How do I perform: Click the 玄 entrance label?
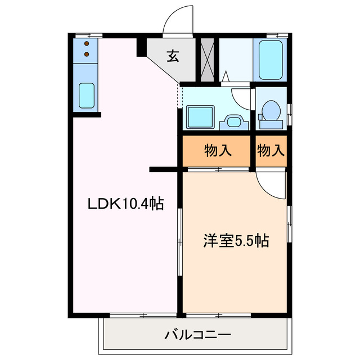[172, 56]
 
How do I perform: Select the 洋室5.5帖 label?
[235, 241]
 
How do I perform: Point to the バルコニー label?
[197, 335]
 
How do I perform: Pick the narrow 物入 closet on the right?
[271, 151]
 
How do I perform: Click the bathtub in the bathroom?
[271, 59]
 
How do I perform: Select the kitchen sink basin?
[87, 95]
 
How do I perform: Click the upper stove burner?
[87, 43]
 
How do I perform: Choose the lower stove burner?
[87, 54]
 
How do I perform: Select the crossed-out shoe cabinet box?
[208, 60]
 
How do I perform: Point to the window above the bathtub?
[271, 35]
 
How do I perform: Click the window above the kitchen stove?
[85, 35]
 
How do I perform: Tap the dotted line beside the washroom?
[180, 96]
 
